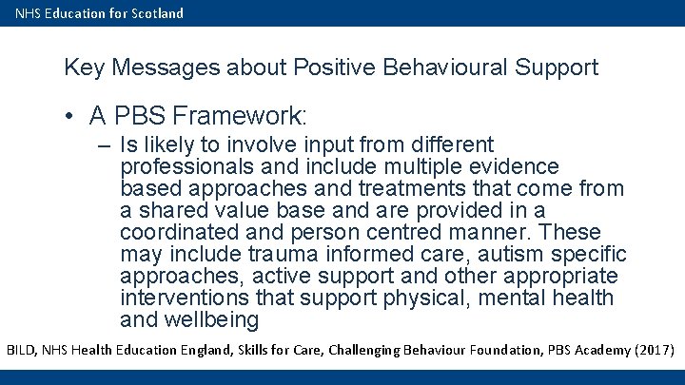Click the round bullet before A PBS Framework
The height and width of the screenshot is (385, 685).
click(71, 117)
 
